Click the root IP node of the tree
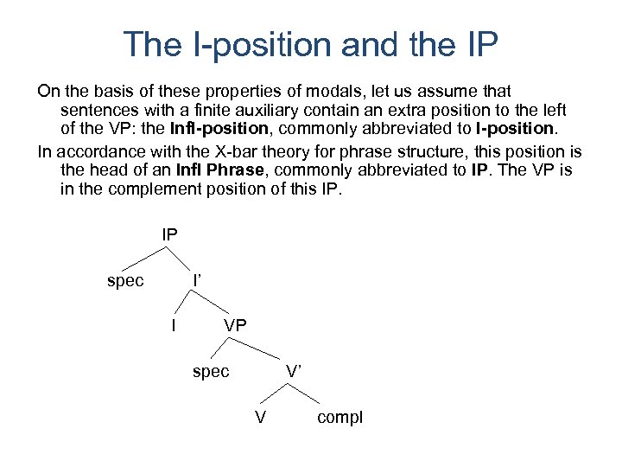pyautogui.click(x=169, y=233)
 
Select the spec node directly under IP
pyautogui.click(x=125, y=281)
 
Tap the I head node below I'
pyautogui.click(x=175, y=326)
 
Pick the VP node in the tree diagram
pyautogui.click(x=235, y=326)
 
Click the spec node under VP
pyautogui.click(x=211, y=371)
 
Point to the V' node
pyautogui.click(x=294, y=371)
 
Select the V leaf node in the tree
pyautogui.click(x=260, y=418)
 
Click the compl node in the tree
pyautogui.click(x=340, y=418)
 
